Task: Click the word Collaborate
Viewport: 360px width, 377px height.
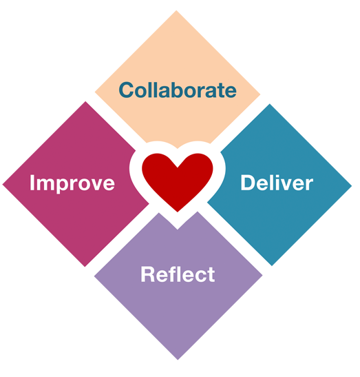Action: (178, 90)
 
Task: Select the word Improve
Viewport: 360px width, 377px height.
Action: (72, 183)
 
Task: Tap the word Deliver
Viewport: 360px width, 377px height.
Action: (277, 183)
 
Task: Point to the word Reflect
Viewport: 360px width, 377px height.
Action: (178, 274)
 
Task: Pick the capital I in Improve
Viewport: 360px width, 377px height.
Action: (32, 183)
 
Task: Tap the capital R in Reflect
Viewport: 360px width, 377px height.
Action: (148, 274)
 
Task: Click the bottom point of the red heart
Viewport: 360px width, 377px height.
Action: (178, 212)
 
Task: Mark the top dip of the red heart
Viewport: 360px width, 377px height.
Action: (178, 167)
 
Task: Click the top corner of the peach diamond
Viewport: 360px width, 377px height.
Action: (176, 11)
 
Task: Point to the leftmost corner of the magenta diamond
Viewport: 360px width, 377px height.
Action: (3, 185)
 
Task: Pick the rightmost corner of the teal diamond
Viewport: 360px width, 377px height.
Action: (351, 185)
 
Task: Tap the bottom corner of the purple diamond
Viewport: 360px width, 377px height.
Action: (178, 359)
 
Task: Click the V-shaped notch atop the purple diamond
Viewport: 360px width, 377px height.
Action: (178, 229)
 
